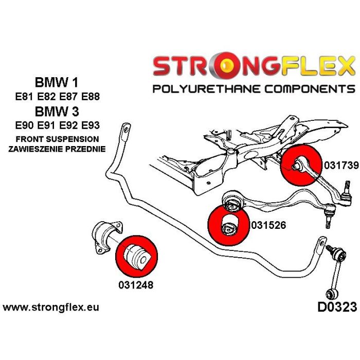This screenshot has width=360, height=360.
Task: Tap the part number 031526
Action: [268, 225]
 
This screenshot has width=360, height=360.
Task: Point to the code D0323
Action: [333, 308]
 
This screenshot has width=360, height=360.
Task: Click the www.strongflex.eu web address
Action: [51, 308]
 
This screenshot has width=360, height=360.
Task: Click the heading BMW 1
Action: [57, 82]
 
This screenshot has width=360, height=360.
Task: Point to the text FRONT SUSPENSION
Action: [57, 139]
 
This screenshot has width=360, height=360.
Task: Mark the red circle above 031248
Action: [136, 256]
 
